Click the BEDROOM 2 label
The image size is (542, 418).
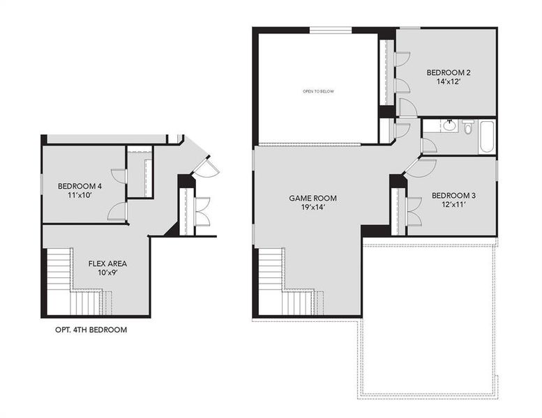(449, 72)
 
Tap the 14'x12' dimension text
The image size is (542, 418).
(449, 82)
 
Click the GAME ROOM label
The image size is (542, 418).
(308, 198)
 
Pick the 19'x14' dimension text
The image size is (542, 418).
(308, 207)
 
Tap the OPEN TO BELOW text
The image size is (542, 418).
(317, 91)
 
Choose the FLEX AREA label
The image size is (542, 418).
(107, 263)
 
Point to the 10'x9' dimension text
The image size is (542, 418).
(107, 273)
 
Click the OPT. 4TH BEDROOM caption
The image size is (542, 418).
(91, 330)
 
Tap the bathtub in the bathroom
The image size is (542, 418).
(486, 136)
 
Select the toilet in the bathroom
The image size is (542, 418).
(468, 127)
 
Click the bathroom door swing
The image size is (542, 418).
(428, 145)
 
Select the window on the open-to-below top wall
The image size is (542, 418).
(330, 30)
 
